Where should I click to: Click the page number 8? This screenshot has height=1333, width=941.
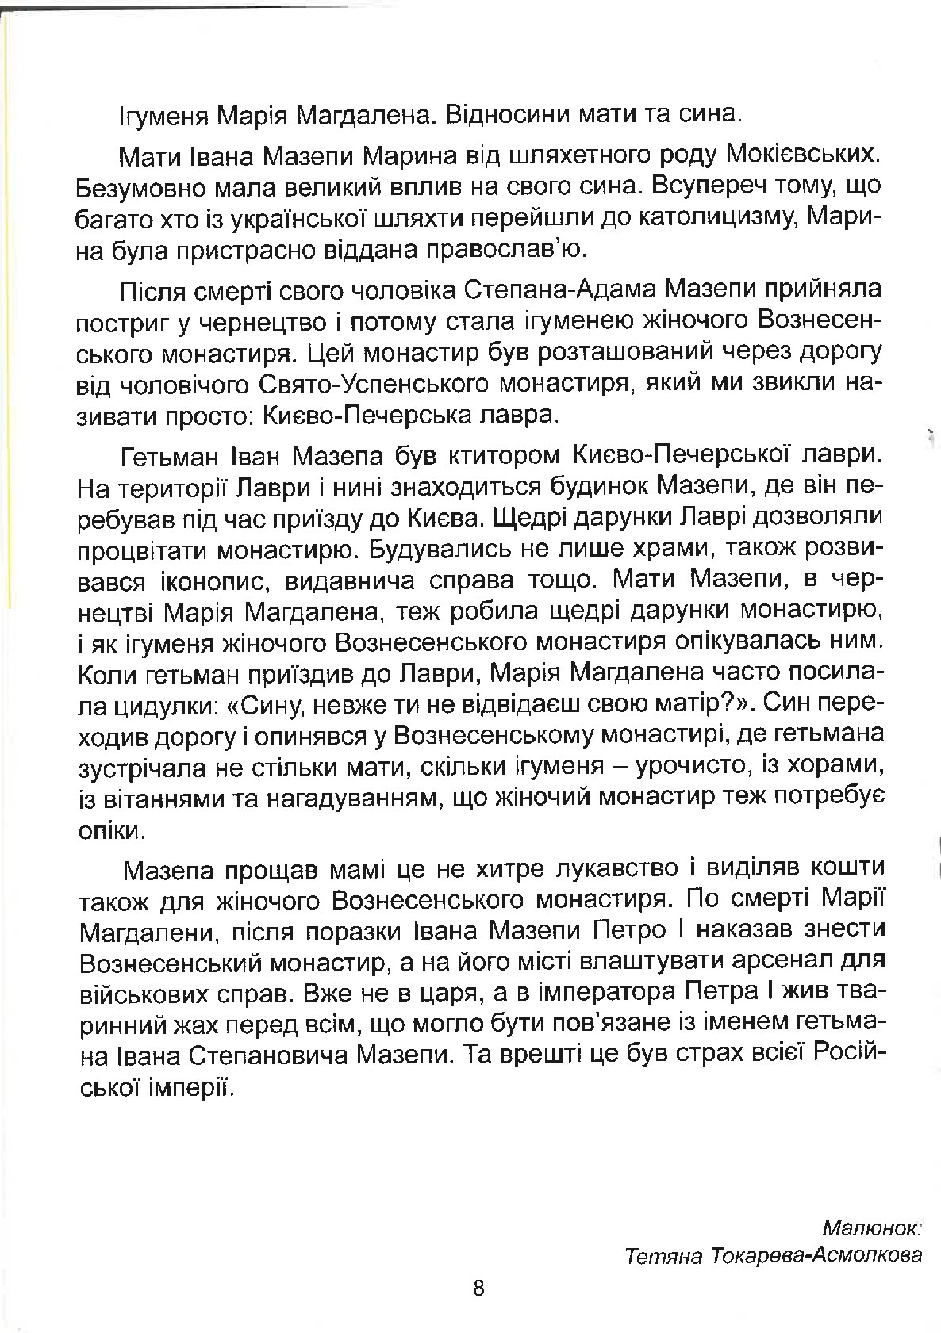478,1287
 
